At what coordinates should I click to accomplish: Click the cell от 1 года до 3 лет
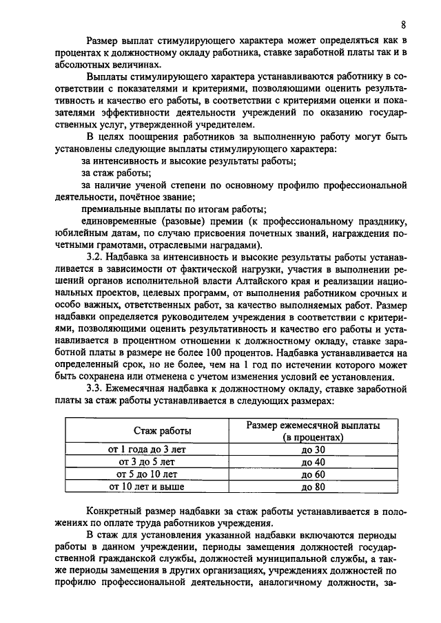(x=147, y=450)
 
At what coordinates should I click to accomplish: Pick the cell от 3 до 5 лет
(x=147, y=462)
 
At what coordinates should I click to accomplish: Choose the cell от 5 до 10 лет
(x=147, y=474)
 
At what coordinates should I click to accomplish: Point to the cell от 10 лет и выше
(x=147, y=487)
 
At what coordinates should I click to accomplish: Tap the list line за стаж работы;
(x=116, y=173)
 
